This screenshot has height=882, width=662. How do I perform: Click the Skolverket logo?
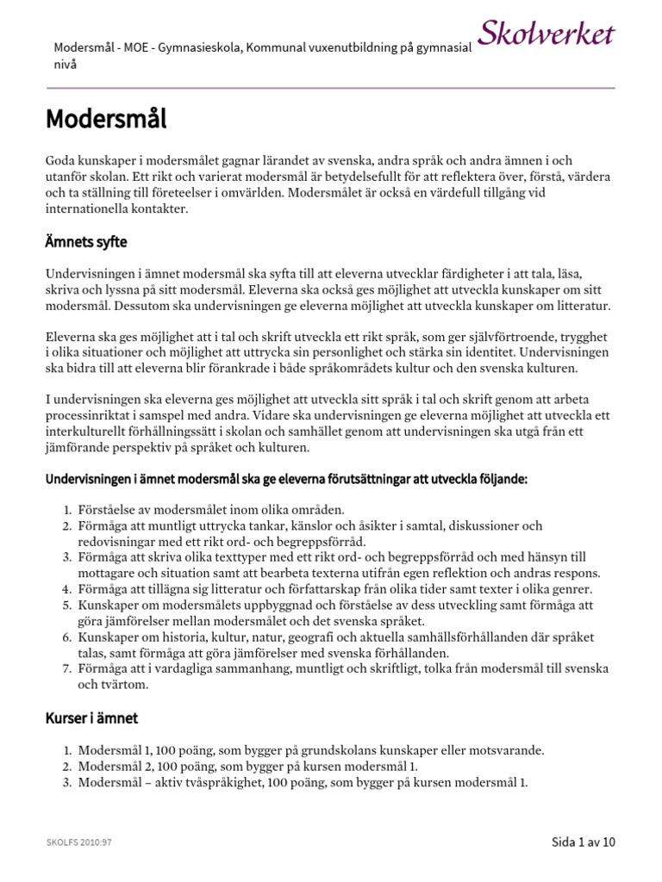[x=546, y=35]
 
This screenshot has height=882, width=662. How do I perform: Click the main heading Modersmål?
[x=106, y=118]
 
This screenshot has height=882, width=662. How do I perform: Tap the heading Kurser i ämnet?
[x=91, y=718]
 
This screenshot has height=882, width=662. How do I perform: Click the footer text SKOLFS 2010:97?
[x=79, y=842]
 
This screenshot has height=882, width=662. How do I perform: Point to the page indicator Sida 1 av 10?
[x=584, y=842]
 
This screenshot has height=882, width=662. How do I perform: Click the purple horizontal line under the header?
[x=331, y=88]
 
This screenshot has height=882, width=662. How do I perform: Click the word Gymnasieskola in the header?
[x=201, y=48]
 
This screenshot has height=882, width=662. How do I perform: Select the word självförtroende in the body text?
[x=488, y=337]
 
